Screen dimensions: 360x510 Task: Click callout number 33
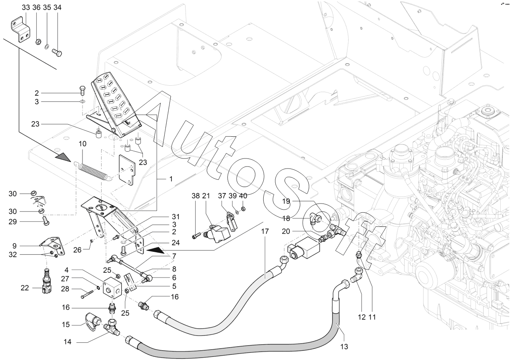click(x=26, y=8)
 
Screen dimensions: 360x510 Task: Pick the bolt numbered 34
click(x=57, y=53)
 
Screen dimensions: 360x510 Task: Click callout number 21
click(x=206, y=196)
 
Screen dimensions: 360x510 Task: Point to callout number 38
click(x=195, y=196)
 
